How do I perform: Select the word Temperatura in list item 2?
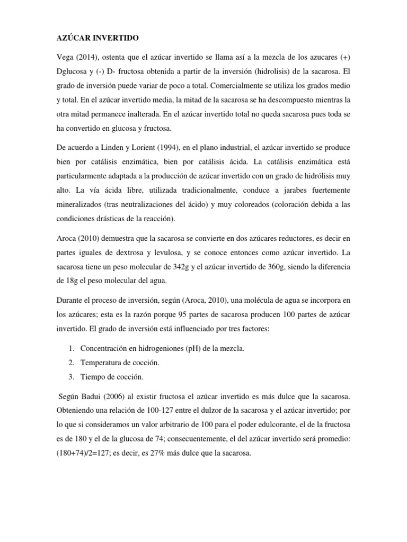102,363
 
